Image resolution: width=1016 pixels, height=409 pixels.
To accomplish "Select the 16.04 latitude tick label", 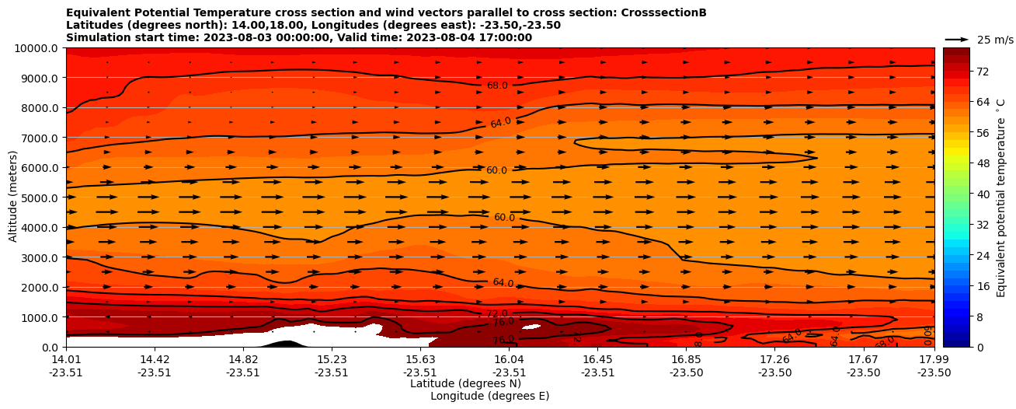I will click(509, 359).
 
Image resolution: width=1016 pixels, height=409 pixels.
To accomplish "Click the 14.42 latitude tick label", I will click(155, 359).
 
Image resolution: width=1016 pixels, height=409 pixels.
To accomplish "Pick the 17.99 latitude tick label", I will click(934, 359).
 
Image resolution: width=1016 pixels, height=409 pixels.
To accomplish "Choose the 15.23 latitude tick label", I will click(332, 359).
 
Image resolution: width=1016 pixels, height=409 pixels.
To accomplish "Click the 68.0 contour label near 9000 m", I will click(497, 86).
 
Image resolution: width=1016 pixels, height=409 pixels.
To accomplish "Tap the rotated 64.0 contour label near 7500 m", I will click(501, 123).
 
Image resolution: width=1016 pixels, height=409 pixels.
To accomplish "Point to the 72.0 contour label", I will click(497, 313).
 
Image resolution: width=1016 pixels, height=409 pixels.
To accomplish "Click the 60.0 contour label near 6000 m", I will click(496, 170).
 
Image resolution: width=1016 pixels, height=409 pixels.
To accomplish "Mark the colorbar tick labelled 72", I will click(982, 72).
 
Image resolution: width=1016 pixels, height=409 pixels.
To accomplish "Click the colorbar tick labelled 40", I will click(982, 194).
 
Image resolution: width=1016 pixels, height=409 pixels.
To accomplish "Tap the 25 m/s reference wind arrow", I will click(957, 39).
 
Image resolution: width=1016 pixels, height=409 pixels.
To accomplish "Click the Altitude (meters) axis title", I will click(13, 198).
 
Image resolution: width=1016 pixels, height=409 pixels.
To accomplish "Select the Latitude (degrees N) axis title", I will click(465, 383).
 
